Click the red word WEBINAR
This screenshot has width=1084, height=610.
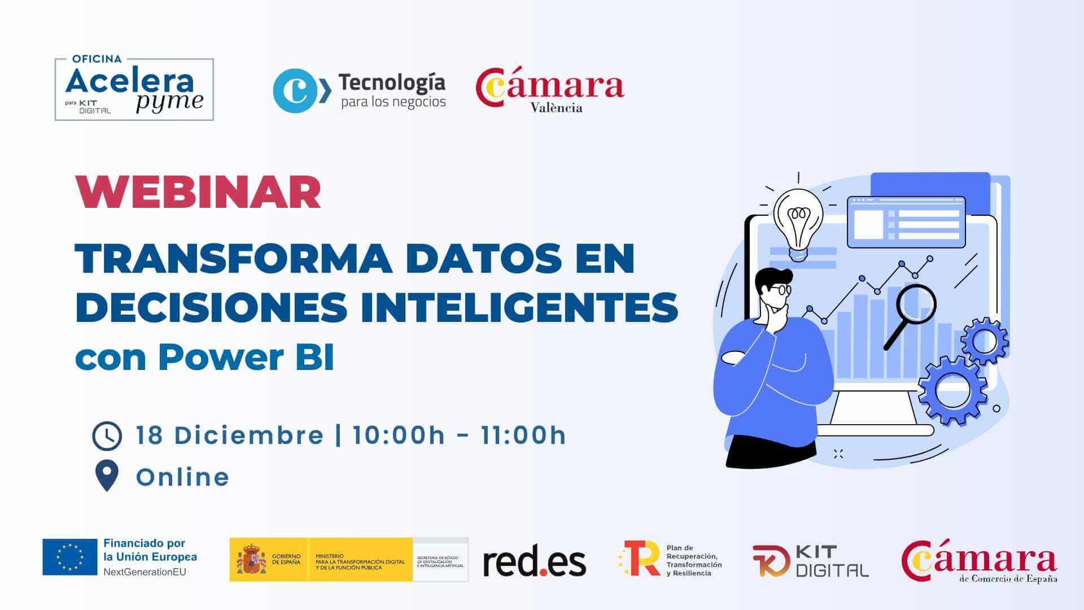pyautogui.click(x=198, y=193)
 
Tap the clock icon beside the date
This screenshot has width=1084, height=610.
pyautogui.click(x=107, y=436)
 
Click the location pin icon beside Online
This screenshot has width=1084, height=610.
pyautogui.click(x=107, y=475)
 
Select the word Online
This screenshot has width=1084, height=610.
pyautogui.click(x=182, y=477)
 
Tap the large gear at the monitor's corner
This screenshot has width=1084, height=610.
pyautogui.click(x=952, y=390)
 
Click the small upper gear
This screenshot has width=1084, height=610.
pyautogui.click(x=985, y=341)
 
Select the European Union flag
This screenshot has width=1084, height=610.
pyautogui.click(x=70, y=557)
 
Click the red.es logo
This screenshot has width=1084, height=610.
pyautogui.click(x=534, y=562)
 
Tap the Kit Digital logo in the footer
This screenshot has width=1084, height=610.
pyautogui.click(x=810, y=561)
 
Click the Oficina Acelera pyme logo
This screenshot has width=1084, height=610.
pyautogui.click(x=134, y=89)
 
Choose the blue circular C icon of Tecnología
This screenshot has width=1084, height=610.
pyautogui.click(x=295, y=91)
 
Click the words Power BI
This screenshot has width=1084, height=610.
pyautogui.click(x=246, y=358)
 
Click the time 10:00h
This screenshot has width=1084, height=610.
pyautogui.click(x=399, y=435)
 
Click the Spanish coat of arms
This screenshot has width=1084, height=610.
pyautogui.click(x=251, y=559)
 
